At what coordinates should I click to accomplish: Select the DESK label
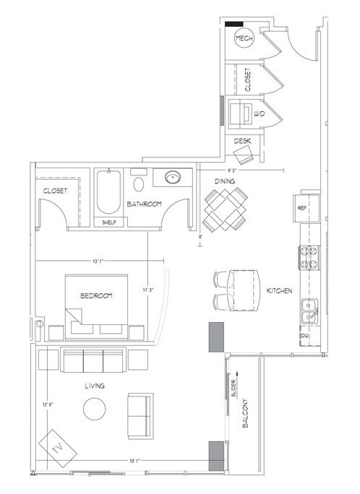click(243, 142)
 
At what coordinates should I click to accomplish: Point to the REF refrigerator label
click(303, 207)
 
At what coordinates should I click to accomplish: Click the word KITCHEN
click(279, 290)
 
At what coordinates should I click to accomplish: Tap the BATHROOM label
click(145, 204)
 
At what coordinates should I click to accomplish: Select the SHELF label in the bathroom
click(109, 222)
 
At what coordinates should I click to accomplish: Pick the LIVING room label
click(94, 386)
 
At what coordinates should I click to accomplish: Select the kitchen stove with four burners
click(307, 258)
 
